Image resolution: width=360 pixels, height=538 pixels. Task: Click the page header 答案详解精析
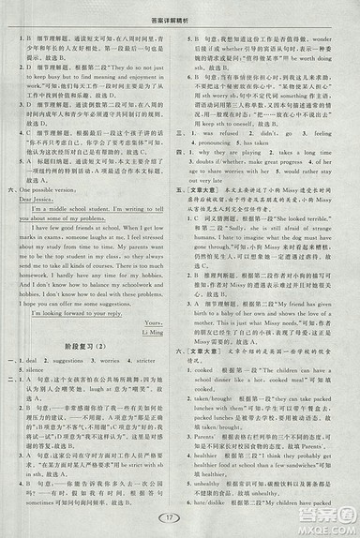(x=182, y=8)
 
